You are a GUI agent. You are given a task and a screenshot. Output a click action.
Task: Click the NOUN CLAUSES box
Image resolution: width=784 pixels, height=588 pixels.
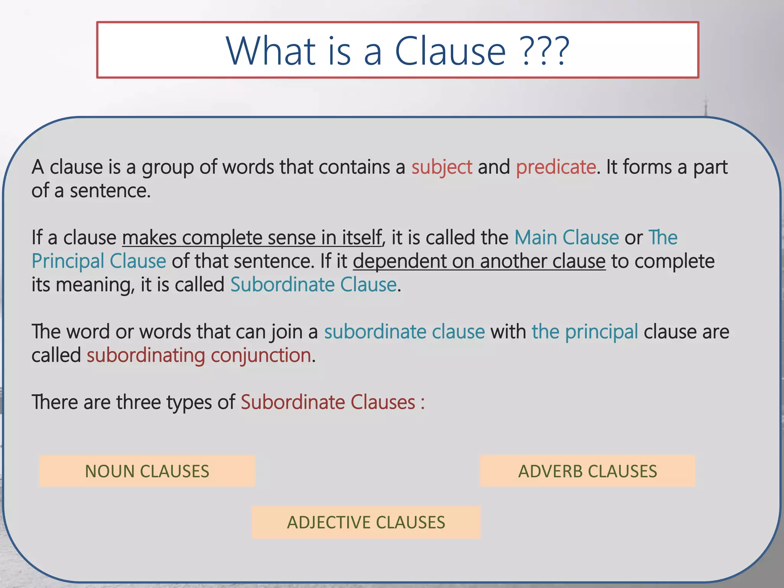tap(147, 471)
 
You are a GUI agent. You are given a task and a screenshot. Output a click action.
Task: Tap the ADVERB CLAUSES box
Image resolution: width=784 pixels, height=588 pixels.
tap(588, 471)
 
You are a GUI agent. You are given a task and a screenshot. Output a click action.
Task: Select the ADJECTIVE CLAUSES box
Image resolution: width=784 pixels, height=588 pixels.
tap(366, 523)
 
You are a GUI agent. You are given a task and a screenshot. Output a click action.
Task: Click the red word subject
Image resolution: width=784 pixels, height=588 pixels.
tap(442, 167)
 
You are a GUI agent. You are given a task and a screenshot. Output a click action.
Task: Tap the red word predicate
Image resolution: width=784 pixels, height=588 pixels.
tap(556, 167)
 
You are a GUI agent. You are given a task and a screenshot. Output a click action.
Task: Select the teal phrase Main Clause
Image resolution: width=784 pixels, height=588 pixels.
tap(567, 238)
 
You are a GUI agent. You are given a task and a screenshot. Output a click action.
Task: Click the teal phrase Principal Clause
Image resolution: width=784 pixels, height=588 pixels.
tap(99, 261)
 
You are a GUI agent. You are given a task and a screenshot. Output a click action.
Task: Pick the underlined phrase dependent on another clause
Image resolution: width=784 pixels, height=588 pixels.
tap(479, 261)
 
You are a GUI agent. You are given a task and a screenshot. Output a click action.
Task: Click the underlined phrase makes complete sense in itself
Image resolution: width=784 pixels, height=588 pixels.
tap(252, 238)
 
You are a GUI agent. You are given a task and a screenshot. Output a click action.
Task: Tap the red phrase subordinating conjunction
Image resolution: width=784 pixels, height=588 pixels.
tap(199, 356)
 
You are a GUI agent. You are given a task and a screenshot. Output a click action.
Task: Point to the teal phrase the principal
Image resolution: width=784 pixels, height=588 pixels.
tap(585, 332)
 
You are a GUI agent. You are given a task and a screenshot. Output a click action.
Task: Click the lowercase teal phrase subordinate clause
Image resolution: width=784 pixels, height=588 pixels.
tap(405, 332)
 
